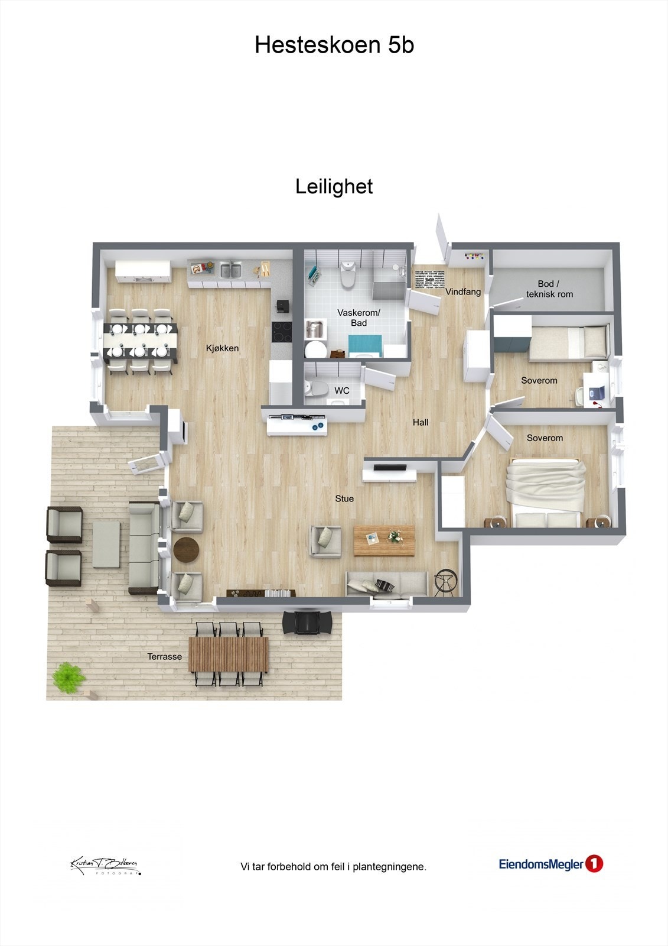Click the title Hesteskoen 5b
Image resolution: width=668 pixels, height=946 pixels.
click(x=334, y=46)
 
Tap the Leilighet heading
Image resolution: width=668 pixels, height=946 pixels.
click(x=334, y=187)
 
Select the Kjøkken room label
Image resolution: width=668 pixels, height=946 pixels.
click(x=222, y=348)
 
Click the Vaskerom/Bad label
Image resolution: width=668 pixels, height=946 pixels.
click(x=359, y=318)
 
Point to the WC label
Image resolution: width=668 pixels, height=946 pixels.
click(x=342, y=391)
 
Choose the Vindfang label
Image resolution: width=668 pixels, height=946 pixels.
click(x=462, y=291)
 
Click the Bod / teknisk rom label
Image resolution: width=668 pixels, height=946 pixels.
click(x=549, y=289)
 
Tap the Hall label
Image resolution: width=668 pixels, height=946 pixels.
click(x=421, y=422)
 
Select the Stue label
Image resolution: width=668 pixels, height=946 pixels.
click(x=344, y=498)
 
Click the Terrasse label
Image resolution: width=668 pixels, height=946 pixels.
click(x=164, y=656)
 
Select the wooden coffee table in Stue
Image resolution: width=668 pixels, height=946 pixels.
click(x=384, y=540)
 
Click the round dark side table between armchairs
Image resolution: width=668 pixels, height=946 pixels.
click(x=186, y=548)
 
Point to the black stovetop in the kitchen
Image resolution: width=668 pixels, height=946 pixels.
click(x=282, y=332)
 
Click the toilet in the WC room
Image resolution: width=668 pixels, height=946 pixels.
click(x=317, y=388)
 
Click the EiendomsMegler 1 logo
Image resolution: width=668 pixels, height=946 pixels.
click(x=550, y=864)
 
